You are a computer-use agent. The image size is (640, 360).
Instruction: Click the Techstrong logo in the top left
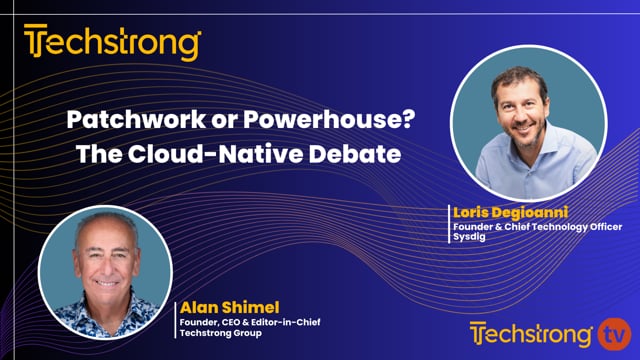(112, 44)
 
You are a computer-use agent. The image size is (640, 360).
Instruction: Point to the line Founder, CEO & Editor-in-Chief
(246, 320)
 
